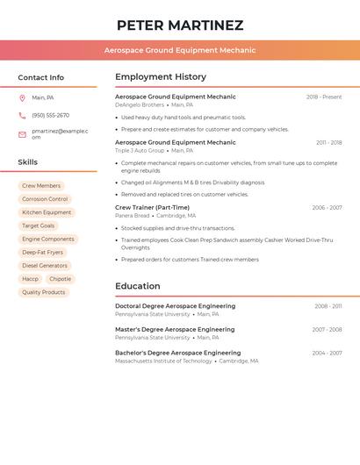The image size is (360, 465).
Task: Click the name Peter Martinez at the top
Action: pos(180,25)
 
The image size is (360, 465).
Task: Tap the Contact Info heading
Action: pos(40,77)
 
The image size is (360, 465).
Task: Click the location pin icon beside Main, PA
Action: pos(22,97)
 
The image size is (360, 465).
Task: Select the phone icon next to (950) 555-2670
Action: pos(22,115)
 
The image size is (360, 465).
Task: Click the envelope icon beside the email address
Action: pos(22,134)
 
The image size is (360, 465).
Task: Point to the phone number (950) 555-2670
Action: pos(50,115)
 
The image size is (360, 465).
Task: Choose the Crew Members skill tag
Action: pos(41,186)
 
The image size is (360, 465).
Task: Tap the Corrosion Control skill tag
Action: pos(45,199)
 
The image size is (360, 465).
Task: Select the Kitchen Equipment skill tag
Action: pos(47,212)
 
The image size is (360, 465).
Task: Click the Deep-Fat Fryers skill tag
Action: pos(42,252)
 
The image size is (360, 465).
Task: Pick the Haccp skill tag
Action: pos(30,279)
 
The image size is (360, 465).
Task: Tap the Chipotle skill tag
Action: pos(61,279)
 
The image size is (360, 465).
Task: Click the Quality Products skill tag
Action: pos(43,292)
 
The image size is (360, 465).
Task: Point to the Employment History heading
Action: pos(161,77)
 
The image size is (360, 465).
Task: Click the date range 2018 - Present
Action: pos(324,97)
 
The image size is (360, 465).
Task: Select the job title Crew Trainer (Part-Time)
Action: pos(152,208)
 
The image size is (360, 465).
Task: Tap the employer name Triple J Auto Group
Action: pos(140,150)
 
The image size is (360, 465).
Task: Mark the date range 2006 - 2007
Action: pos(327,208)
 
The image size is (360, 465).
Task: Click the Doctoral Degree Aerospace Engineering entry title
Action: pos(175,306)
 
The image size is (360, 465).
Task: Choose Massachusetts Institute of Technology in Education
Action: pos(163,361)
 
